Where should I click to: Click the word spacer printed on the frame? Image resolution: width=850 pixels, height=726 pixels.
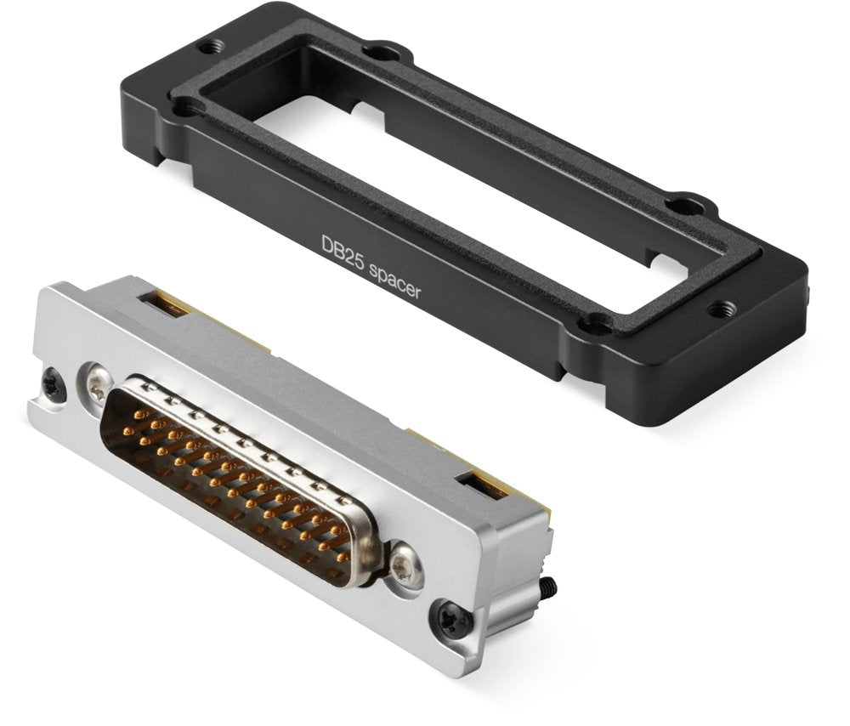click(394, 282)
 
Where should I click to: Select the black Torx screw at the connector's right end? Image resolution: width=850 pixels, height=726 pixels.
click(451, 617)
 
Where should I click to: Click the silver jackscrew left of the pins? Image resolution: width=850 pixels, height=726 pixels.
click(97, 384)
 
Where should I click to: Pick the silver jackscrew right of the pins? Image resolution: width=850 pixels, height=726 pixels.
click(406, 565)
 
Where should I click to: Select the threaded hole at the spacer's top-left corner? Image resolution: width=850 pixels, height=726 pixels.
click(210, 48)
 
